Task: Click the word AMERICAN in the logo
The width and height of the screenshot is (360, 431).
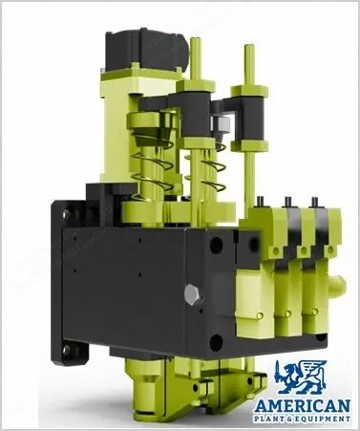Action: pos(303,406)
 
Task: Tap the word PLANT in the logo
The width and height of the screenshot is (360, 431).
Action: pos(270,419)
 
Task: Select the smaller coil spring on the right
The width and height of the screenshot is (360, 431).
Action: pos(208,167)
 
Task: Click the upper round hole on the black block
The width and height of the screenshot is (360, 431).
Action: pos(216,245)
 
